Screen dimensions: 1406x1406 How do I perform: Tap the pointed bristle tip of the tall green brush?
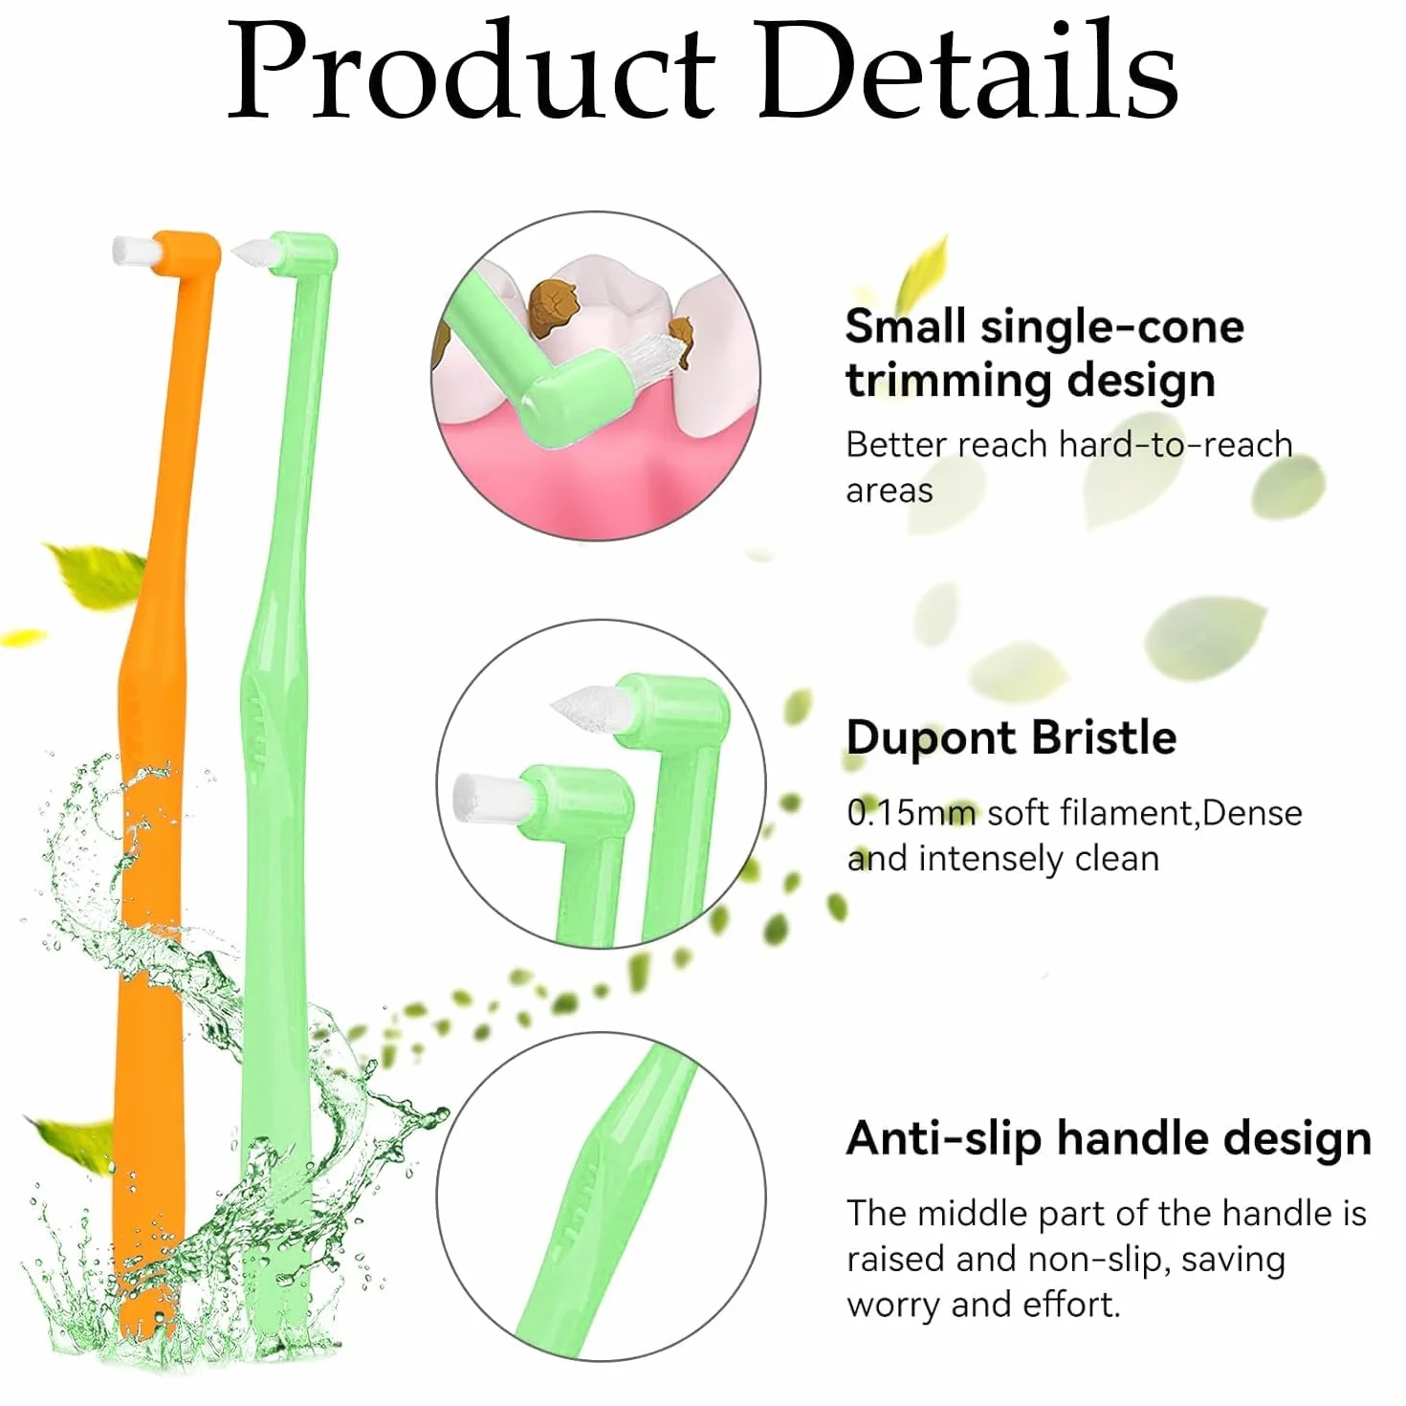pyautogui.click(x=253, y=252)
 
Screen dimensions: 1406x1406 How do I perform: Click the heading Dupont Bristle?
pyautogui.click(x=1011, y=736)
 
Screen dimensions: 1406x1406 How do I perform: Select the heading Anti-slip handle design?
pyautogui.click(x=1109, y=1137)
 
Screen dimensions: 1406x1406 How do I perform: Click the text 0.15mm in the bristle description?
pyautogui.click(x=912, y=813)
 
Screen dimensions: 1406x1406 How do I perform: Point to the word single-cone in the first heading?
pyautogui.click(x=1112, y=328)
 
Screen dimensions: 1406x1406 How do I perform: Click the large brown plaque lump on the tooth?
pyautogui.click(x=553, y=309)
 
